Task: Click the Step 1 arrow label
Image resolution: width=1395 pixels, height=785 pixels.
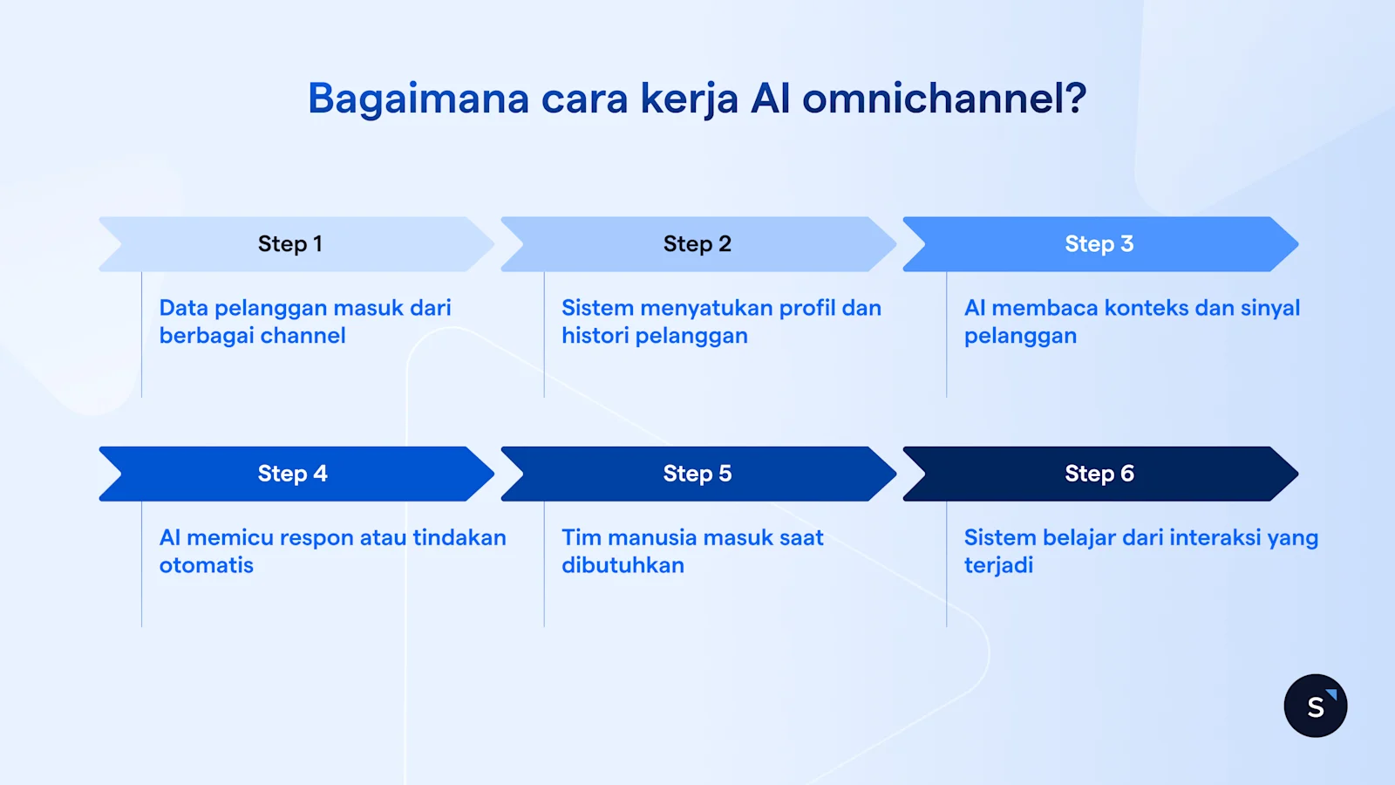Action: click(289, 244)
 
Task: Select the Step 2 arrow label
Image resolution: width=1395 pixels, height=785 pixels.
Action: click(697, 244)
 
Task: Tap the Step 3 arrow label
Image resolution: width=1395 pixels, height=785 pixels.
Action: click(1099, 244)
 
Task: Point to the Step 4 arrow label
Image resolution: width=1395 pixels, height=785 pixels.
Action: click(292, 474)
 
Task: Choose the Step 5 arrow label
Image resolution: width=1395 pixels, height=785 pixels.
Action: click(697, 474)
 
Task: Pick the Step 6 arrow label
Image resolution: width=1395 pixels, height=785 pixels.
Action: click(1099, 474)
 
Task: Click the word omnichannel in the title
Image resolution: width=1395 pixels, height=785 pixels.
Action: click(943, 99)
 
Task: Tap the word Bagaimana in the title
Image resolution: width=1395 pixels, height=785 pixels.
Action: click(418, 99)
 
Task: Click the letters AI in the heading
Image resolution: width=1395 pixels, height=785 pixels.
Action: click(770, 99)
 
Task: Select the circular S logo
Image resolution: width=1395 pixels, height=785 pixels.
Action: click(1315, 706)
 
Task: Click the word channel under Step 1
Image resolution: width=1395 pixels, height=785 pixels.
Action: click(306, 336)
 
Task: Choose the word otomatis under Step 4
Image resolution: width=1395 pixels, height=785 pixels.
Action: click(207, 565)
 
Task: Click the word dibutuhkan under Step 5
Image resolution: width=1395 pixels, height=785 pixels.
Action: click(623, 565)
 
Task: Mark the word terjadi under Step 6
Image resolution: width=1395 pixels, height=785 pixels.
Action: click(998, 565)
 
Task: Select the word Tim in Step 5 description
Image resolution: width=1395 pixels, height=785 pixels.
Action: click(581, 537)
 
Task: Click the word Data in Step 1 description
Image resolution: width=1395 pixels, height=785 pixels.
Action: click(183, 308)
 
